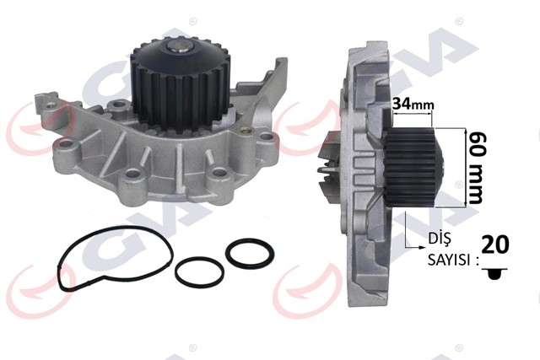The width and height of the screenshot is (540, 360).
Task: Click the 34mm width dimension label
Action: tap(413, 104)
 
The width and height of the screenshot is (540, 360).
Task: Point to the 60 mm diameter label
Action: tap(477, 167)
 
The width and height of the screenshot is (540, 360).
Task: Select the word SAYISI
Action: tap(447, 261)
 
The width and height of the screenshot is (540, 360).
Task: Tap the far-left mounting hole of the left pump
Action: tap(62, 158)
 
